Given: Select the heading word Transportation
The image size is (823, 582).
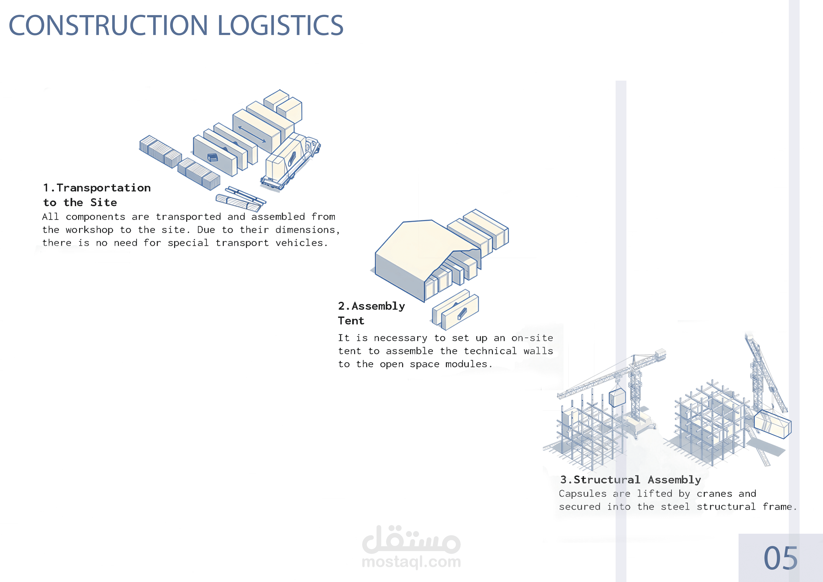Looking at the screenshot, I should (104, 188).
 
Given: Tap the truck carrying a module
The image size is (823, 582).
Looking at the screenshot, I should (290, 161).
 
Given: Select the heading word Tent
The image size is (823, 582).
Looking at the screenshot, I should (351, 321).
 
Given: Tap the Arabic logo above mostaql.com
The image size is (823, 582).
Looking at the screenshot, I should (411, 539).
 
